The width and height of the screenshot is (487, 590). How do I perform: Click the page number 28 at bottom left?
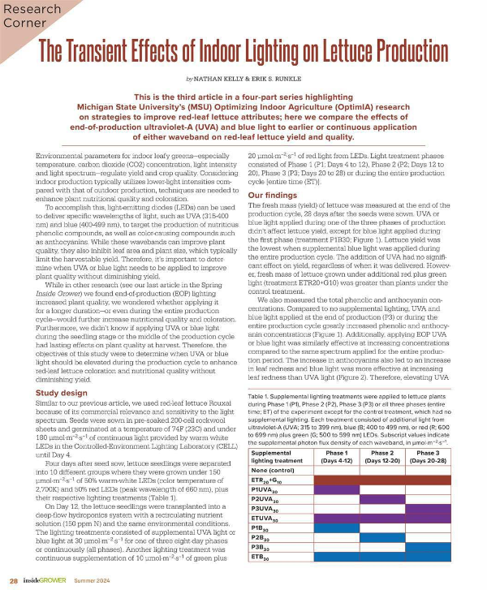click(14, 581)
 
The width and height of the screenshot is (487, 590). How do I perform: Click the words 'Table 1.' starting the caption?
click(260, 394)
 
